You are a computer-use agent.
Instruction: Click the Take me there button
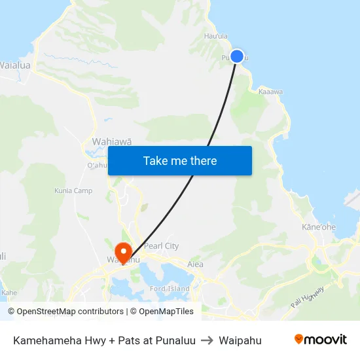click(x=180, y=160)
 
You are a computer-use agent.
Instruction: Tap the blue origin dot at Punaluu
click(x=237, y=56)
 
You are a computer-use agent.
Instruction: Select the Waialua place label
click(x=15, y=65)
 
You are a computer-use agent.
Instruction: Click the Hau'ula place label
click(x=216, y=36)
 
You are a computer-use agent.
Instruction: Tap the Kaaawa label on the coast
click(x=270, y=92)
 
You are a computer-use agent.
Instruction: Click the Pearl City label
click(x=162, y=246)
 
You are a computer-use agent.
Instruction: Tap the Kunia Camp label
click(x=73, y=190)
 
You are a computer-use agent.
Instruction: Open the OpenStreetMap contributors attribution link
click(x=70, y=312)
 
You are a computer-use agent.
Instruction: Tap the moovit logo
click(x=321, y=339)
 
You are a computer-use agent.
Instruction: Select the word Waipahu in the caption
click(x=240, y=340)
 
